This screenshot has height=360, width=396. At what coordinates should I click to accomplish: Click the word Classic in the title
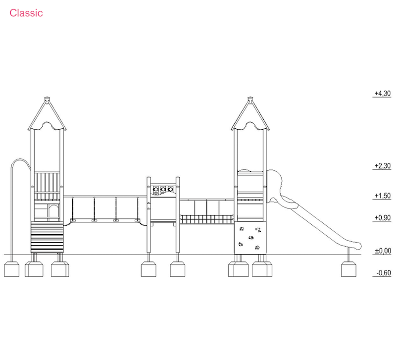26,13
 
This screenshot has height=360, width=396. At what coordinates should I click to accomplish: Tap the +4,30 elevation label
382,94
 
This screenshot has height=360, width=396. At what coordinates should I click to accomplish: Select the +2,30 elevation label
382,166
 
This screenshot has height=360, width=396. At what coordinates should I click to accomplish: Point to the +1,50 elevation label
382,196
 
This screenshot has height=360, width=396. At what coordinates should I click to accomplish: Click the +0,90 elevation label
382,218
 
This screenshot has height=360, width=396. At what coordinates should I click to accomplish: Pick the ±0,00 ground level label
383,251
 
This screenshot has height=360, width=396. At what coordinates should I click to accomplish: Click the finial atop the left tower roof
47,99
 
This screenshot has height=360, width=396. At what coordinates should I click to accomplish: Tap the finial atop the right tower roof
250,99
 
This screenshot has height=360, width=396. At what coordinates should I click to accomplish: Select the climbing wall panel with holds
250,238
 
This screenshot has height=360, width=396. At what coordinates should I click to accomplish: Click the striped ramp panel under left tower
47,237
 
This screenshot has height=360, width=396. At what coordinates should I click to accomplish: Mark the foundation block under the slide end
348,269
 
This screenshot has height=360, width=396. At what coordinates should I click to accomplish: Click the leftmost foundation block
11,269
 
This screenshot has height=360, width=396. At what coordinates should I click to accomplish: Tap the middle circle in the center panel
163,189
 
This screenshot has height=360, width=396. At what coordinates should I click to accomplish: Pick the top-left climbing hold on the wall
242,229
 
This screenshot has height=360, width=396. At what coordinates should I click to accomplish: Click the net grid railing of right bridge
206,219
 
